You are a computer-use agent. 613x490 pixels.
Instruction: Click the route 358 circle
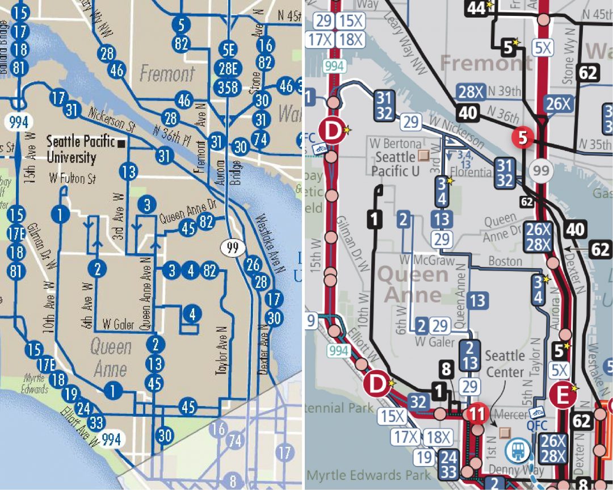(x=228, y=88)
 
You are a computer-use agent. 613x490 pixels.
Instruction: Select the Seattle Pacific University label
(x=81, y=149)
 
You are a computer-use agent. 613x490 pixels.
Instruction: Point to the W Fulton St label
(x=72, y=179)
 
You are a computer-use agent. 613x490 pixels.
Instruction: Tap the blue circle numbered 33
(x=96, y=422)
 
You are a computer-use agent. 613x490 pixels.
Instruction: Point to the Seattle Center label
(x=505, y=364)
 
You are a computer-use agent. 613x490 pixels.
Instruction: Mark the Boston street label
(x=505, y=261)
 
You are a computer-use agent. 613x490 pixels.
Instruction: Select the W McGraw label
(x=435, y=261)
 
